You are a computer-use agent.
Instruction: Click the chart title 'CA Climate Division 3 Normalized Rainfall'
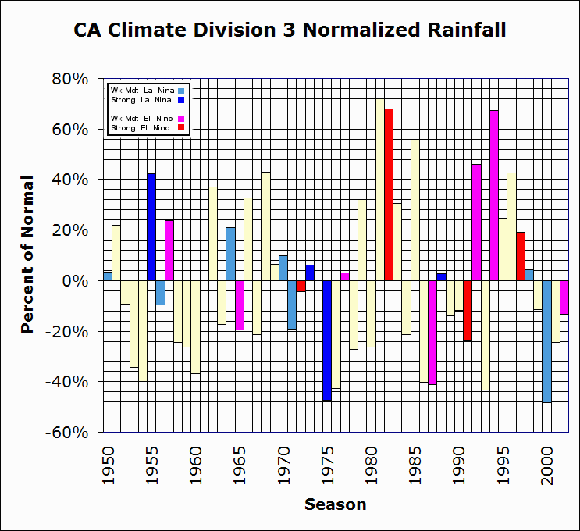click(290, 30)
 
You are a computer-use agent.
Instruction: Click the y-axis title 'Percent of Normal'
click(28, 254)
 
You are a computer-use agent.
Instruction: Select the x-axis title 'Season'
click(335, 504)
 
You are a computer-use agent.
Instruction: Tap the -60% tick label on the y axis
click(69, 433)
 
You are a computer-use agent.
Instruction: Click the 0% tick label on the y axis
click(77, 281)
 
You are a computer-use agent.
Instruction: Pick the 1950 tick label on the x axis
click(109, 457)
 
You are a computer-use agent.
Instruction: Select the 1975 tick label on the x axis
click(328, 457)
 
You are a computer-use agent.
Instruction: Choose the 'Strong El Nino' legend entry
click(141, 127)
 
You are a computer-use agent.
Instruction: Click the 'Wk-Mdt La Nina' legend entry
click(141, 91)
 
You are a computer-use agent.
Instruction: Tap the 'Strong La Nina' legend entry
click(141, 100)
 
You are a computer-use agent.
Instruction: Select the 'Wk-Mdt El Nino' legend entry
click(141, 118)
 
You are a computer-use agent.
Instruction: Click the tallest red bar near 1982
click(389, 195)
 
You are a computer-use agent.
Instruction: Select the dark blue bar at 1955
click(151, 227)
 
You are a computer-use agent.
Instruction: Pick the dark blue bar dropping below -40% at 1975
click(327, 340)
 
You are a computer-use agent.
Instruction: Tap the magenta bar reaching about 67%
click(494, 195)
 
